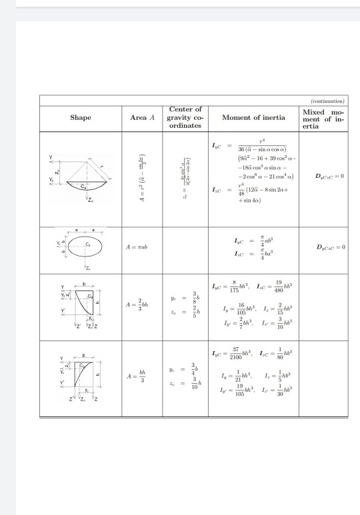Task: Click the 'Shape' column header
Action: (x=80, y=117)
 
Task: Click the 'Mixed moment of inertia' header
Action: (x=323, y=117)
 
